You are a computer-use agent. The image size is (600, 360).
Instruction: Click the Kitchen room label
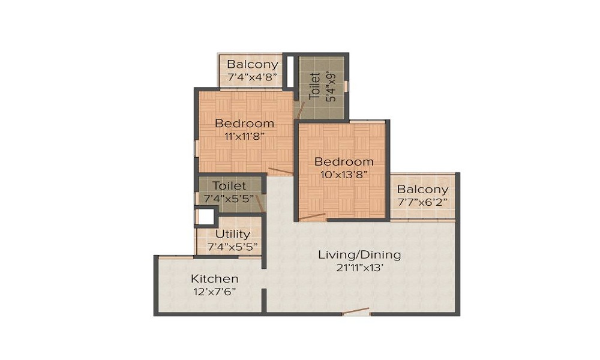(215, 279)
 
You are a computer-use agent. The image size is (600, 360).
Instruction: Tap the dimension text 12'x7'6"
(215, 292)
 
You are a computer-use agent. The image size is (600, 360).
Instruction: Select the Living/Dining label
(359, 254)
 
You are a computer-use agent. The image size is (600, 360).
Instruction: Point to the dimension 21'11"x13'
(359, 268)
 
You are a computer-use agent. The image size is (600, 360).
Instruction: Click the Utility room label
(232, 234)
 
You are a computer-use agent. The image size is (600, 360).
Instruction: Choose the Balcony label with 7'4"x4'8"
(253, 64)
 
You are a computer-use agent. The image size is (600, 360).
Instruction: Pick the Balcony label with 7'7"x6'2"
(422, 190)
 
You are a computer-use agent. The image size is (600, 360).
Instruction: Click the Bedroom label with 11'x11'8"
(245, 124)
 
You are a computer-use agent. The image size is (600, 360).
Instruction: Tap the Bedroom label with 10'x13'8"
(344, 162)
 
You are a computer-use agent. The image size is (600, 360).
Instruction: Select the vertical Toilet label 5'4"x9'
(314, 86)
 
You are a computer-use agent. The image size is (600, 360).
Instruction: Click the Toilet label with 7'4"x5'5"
(229, 186)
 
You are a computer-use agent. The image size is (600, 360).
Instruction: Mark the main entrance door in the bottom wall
(356, 312)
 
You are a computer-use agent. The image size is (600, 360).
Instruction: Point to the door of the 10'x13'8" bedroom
(312, 217)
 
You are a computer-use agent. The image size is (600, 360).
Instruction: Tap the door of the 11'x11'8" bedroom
(280, 172)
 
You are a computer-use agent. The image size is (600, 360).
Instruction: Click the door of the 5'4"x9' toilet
(302, 110)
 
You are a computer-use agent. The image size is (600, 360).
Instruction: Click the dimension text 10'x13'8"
(344, 175)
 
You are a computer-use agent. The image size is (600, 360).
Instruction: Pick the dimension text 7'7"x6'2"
(422, 203)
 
